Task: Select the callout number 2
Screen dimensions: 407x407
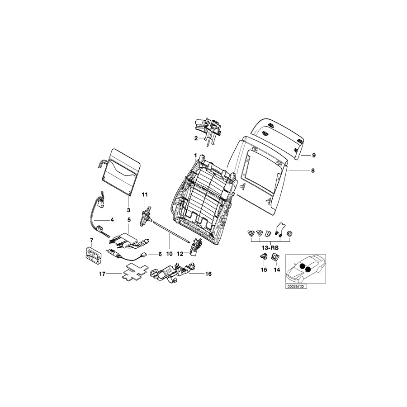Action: [x=196, y=138]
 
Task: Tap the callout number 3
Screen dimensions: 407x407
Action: [x=128, y=210]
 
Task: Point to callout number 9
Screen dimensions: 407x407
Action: [x=313, y=155]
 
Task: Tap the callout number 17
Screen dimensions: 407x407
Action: [x=102, y=274]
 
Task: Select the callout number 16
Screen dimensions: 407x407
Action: [x=208, y=274]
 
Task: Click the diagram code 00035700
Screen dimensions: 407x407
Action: [x=296, y=286]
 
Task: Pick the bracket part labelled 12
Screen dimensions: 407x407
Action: [x=197, y=246]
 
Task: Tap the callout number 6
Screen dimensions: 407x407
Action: [x=159, y=254]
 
